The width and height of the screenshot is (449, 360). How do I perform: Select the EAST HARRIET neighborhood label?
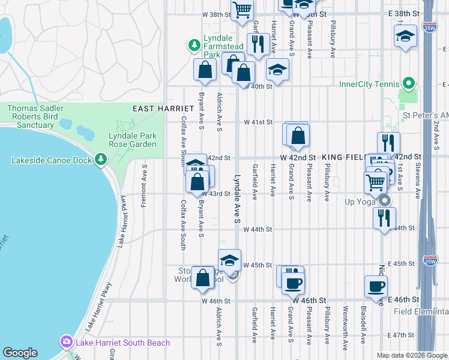click(x=163, y=108)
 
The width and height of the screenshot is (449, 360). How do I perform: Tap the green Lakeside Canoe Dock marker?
click(x=101, y=160)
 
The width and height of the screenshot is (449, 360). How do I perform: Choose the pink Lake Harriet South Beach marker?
click(x=65, y=343)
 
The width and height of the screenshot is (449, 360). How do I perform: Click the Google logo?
click(x=20, y=353)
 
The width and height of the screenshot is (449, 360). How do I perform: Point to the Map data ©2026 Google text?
click(x=412, y=355)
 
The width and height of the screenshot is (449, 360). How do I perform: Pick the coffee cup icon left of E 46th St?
click(x=376, y=286)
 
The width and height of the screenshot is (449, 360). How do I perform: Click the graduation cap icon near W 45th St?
click(x=229, y=260)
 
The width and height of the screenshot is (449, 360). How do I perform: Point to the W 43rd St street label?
click(x=220, y=194)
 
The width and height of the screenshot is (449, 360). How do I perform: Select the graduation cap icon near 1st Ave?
click(x=405, y=36)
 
